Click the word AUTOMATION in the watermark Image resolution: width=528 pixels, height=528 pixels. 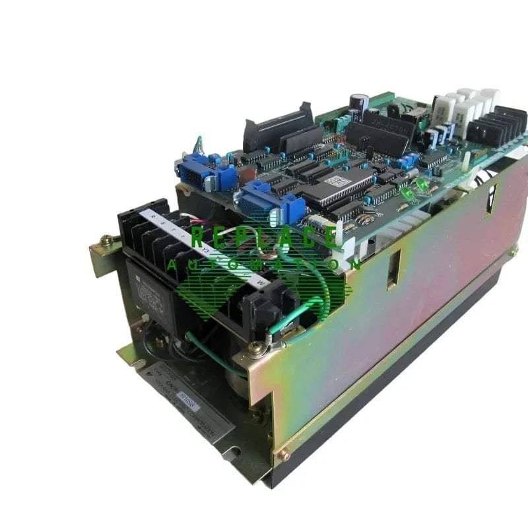[264, 265]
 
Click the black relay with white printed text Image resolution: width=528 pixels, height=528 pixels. [148, 284]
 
